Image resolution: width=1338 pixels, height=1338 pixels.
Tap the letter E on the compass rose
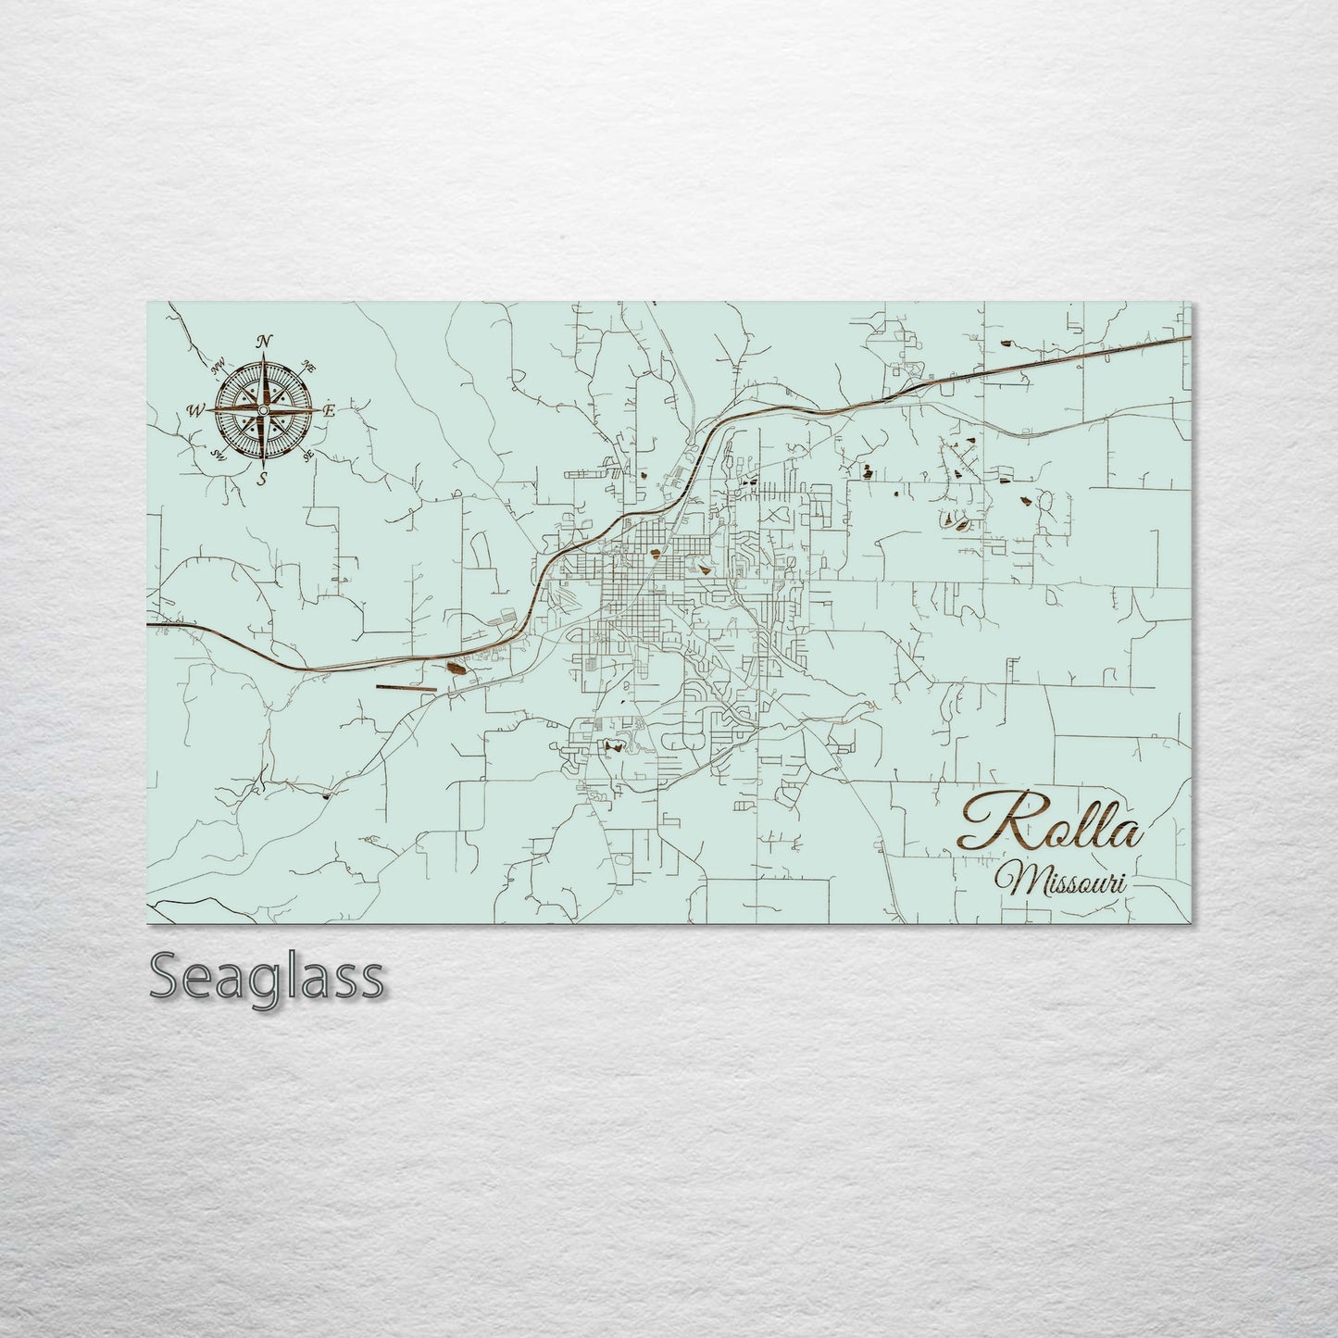pos(330,409)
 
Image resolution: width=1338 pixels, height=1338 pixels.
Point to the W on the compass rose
pos(197,409)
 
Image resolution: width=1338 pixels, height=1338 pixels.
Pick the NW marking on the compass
pos(219,367)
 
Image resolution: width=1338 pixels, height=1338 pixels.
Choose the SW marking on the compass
pos(219,453)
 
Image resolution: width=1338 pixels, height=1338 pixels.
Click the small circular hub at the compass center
pos(264,409)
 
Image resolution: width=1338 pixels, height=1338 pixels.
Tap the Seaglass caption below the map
pos(266,977)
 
